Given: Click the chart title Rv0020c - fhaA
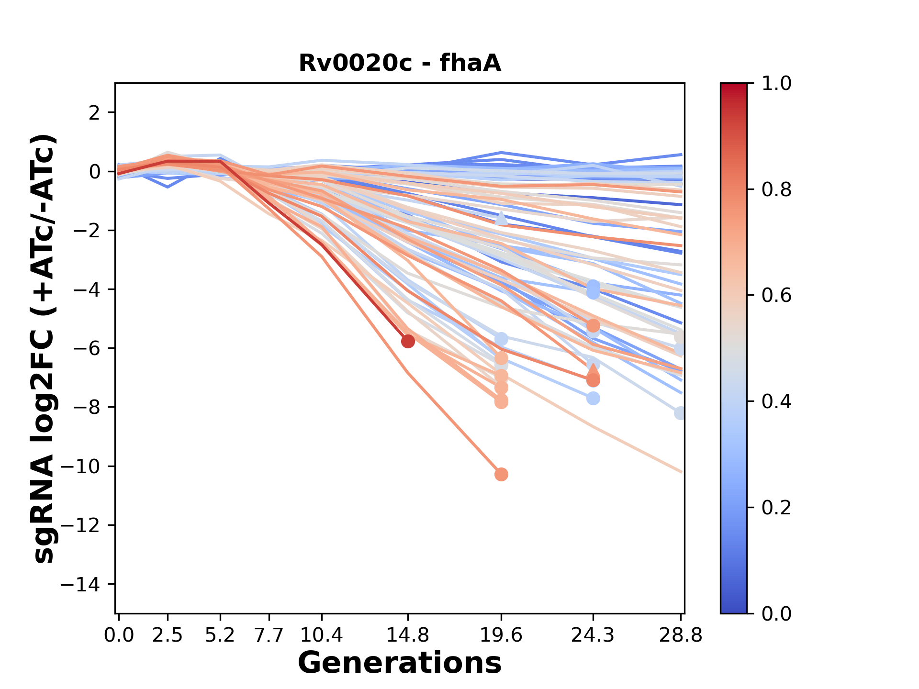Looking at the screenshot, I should [x=400, y=63].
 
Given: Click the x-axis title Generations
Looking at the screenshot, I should [x=400, y=663].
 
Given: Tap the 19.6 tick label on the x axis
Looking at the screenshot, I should [x=501, y=635].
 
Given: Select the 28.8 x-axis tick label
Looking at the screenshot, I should [x=681, y=635].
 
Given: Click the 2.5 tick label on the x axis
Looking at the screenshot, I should [x=168, y=635].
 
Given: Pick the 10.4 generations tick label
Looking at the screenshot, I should [x=322, y=635].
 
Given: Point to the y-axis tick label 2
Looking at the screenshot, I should [x=94, y=112].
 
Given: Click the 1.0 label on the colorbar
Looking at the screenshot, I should [x=776, y=84].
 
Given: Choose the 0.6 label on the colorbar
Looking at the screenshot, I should [x=776, y=295].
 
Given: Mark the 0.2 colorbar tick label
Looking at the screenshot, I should [x=776, y=507].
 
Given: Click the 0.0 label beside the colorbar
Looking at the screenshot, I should [x=776, y=613].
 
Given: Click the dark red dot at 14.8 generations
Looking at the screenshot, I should [x=408, y=341].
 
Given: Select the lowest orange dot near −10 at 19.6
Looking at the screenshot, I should [x=501, y=474].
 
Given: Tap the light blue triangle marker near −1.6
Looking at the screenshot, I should [x=501, y=218].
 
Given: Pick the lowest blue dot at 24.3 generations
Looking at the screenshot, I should [x=593, y=398].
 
